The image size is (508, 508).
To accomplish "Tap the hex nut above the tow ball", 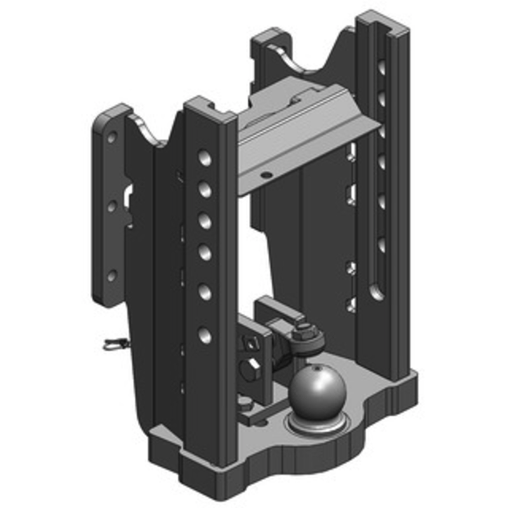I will point(304,331).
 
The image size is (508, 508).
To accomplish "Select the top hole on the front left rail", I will point(204,158).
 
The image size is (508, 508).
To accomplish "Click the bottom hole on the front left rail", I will point(204,334).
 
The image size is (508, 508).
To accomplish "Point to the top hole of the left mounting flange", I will point(112,137).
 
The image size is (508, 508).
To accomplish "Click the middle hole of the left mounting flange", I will point(112,206).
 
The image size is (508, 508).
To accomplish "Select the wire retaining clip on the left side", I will point(114,346).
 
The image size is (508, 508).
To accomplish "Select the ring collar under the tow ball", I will point(316,421).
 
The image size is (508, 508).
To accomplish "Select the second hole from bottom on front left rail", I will point(204,291).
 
